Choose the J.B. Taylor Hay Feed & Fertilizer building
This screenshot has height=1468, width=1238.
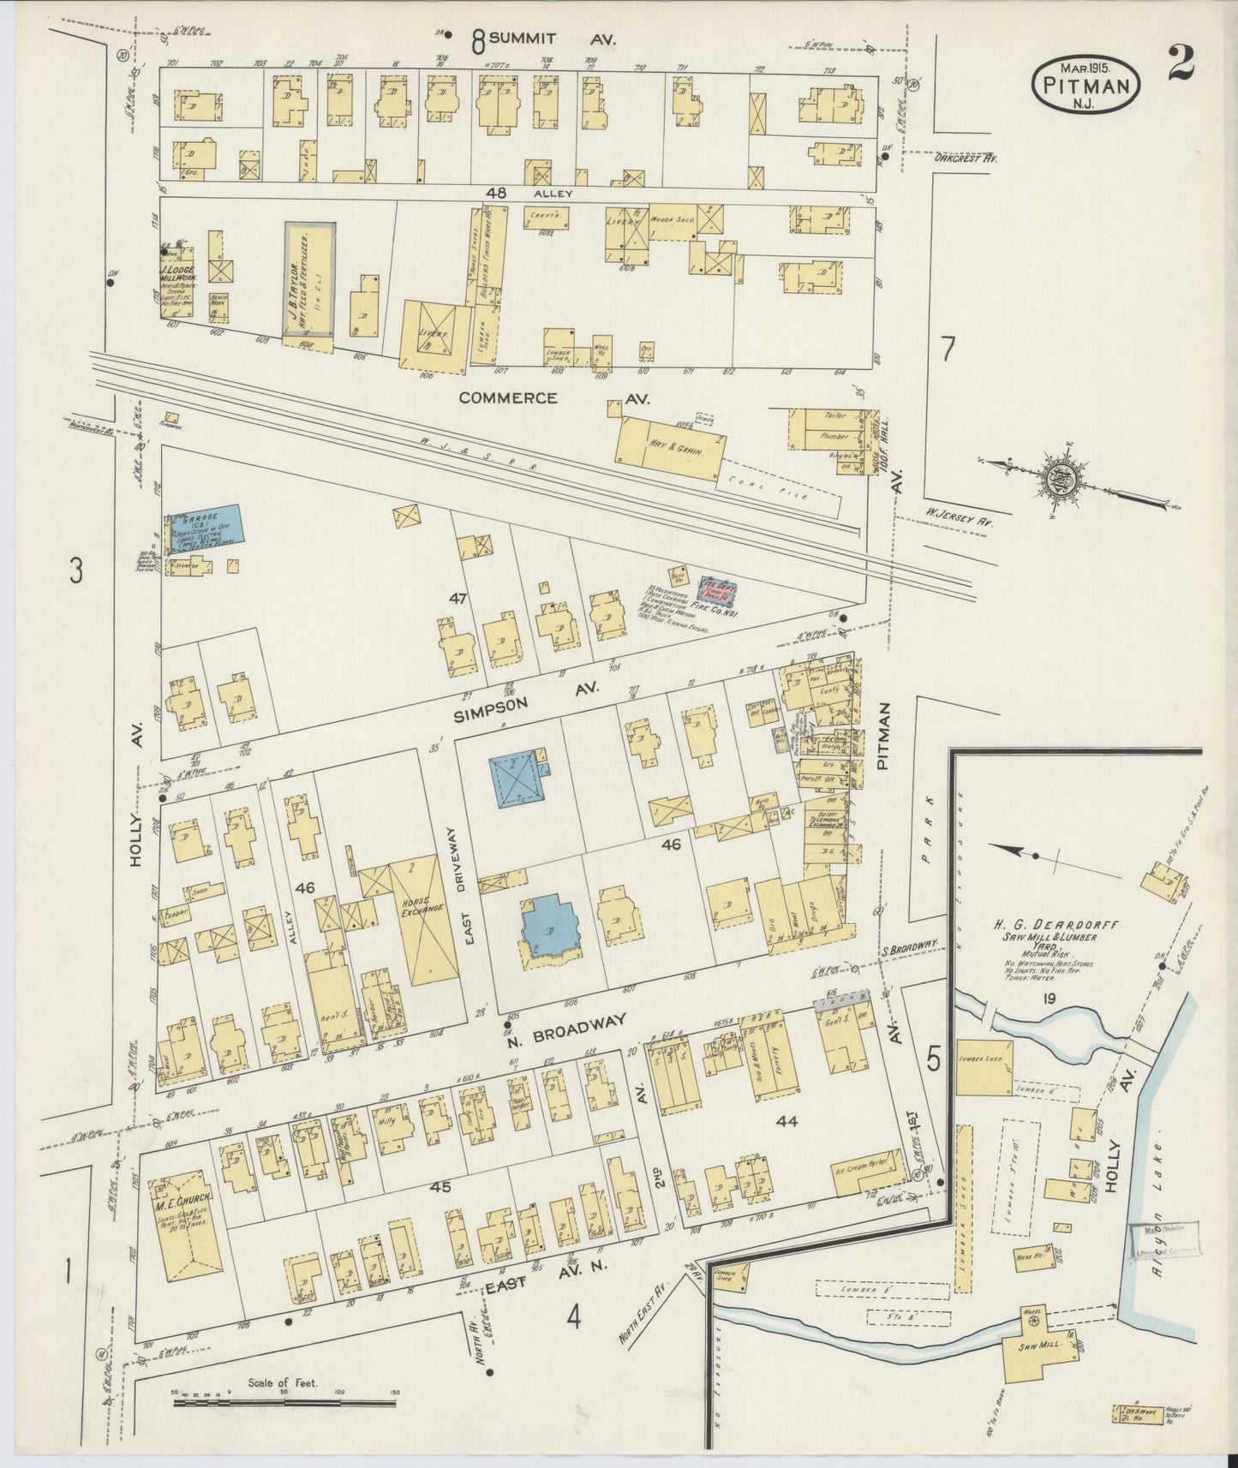[x=309, y=279]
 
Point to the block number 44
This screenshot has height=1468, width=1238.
[x=786, y=1120]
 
